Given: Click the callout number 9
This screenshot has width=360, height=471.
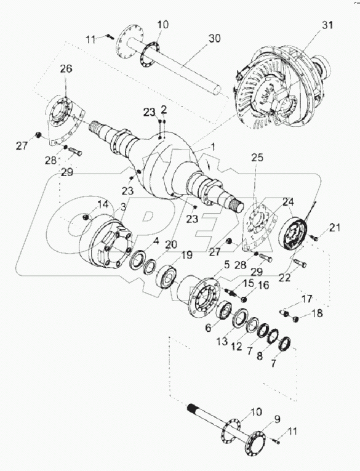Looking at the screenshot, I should [278, 419].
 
